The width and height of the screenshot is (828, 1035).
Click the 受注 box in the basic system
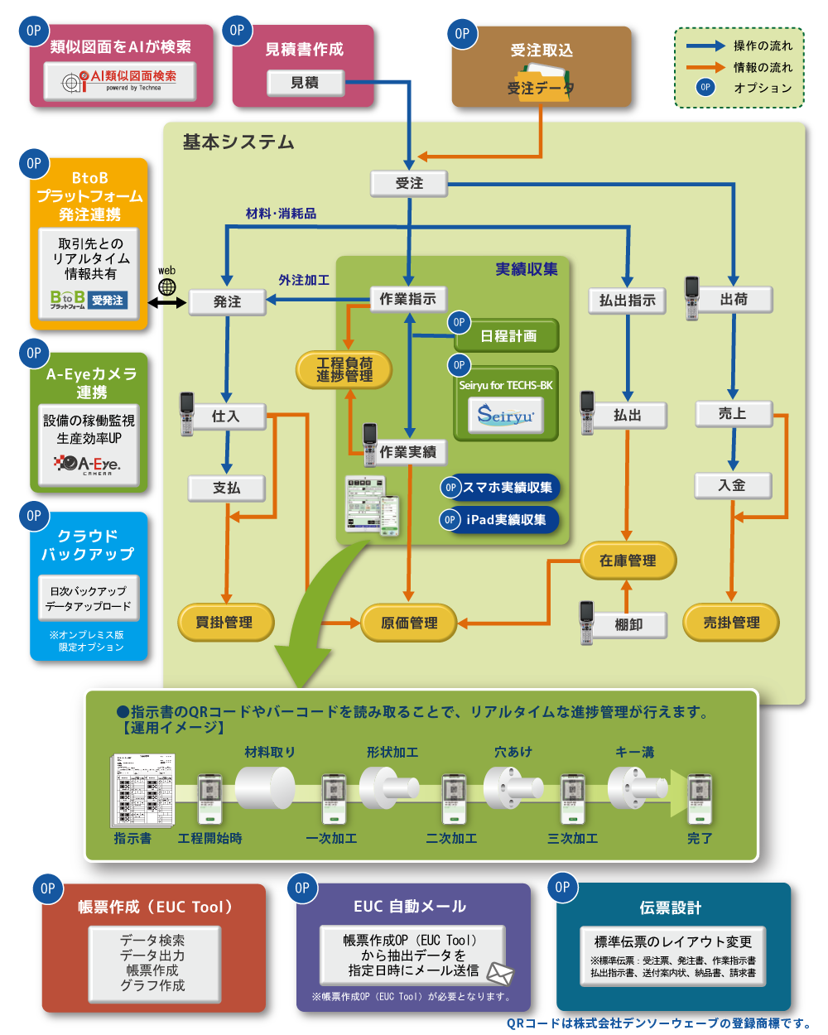coord(409,184)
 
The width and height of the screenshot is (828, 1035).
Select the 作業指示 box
coord(407,299)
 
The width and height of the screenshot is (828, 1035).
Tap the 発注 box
coord(227,301)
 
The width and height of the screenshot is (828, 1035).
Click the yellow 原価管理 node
coord(409,623)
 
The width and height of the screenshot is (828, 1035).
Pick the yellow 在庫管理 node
coord(628,561)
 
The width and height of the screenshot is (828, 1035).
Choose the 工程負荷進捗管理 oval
coord(344,369)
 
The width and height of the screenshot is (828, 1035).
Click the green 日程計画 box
coord(508,336)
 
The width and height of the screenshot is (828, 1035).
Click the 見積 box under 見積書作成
coord(305,83)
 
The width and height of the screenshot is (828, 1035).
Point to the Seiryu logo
coord(506,415)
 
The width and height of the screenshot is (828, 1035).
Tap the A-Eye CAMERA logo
coord(89,465)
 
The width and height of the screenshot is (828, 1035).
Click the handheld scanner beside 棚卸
coord(587,622)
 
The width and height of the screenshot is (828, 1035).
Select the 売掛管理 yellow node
coord(731,623)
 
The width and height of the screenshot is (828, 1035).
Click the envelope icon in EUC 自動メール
coord(500,973)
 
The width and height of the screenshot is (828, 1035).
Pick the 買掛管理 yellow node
coord(225,623)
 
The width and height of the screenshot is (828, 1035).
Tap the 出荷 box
coord(733,300)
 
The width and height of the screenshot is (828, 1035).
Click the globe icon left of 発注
coord(168,287)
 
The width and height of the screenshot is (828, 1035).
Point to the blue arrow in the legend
coord(705,46)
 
